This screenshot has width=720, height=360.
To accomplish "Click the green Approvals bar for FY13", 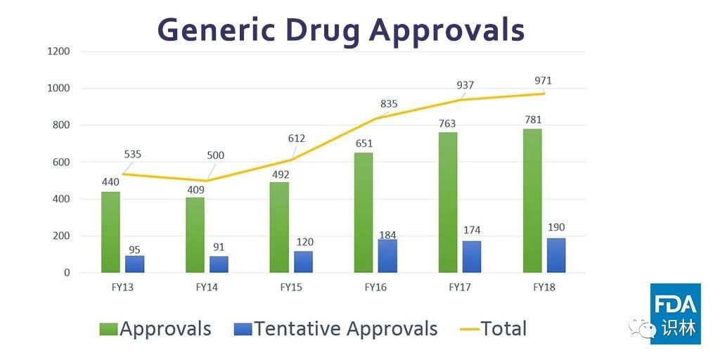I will [110, 232].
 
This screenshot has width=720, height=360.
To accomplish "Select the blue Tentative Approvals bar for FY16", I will [387, 256].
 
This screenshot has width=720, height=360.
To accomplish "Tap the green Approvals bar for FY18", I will [532, 200].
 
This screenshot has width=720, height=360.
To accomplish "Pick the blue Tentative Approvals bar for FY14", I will [219, 264].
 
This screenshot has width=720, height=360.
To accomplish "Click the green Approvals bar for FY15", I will [279, 227].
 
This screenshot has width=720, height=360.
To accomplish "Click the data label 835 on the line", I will [389, 104].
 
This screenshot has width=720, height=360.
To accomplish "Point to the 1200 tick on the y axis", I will [58, 51].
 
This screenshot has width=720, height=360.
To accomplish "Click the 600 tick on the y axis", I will [61, 162].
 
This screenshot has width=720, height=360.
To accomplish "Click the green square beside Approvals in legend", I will [109, 328].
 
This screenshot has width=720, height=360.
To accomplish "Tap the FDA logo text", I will [675, 304].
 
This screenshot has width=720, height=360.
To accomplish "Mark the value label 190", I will [555, 227].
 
